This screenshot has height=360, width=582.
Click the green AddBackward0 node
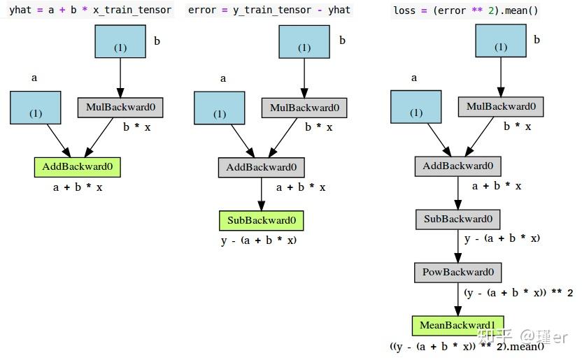click(77, 167)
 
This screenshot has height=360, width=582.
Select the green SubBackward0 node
click(262, 221)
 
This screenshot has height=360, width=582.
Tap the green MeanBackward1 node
click(458, 326)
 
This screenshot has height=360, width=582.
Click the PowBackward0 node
click(458, 273)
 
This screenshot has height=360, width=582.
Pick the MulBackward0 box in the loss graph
click(501, 107)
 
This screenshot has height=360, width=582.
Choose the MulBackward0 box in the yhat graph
click(120, 108)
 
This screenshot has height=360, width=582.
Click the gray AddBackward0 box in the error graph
click(262, 168)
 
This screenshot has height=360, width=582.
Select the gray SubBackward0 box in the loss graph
click(458, 219)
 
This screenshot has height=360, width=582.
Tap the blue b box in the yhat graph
click(120, 41)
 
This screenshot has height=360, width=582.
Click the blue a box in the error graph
click(220, 108)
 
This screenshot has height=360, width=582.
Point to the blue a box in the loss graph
click(416, 107)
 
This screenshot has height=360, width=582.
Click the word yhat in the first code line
click(20, 10)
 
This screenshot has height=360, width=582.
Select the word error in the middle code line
click(202, 10)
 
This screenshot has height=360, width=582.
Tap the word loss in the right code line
click(404, 10)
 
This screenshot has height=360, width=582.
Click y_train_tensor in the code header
click(272, 10)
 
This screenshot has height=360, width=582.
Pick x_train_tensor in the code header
click(132, 10)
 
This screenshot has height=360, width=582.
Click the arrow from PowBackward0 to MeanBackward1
click(458, 299)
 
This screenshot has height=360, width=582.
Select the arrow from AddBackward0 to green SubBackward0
click(262, 194)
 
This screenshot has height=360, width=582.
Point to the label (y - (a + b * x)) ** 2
click(518, 293)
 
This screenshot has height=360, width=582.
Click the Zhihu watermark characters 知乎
click(495, 336)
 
